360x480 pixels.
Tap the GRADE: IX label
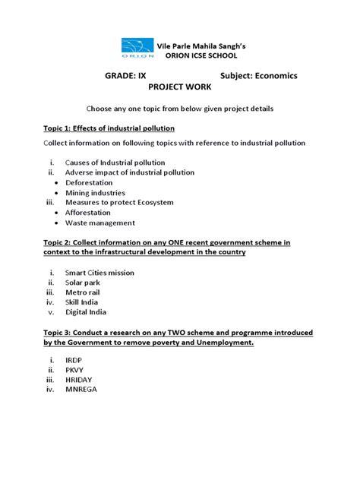[x=125, y=77]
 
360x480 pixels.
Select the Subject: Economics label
[x=259, y=77]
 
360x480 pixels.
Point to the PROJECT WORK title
[x=180, y=88]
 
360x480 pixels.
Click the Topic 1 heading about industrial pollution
[x=109, y=128]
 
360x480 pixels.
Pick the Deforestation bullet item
[x=95, y=183]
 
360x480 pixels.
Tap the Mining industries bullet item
[x=95, y=193]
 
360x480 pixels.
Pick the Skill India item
[x=85, y=302]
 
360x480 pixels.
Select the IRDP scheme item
[x=76, y=360]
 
